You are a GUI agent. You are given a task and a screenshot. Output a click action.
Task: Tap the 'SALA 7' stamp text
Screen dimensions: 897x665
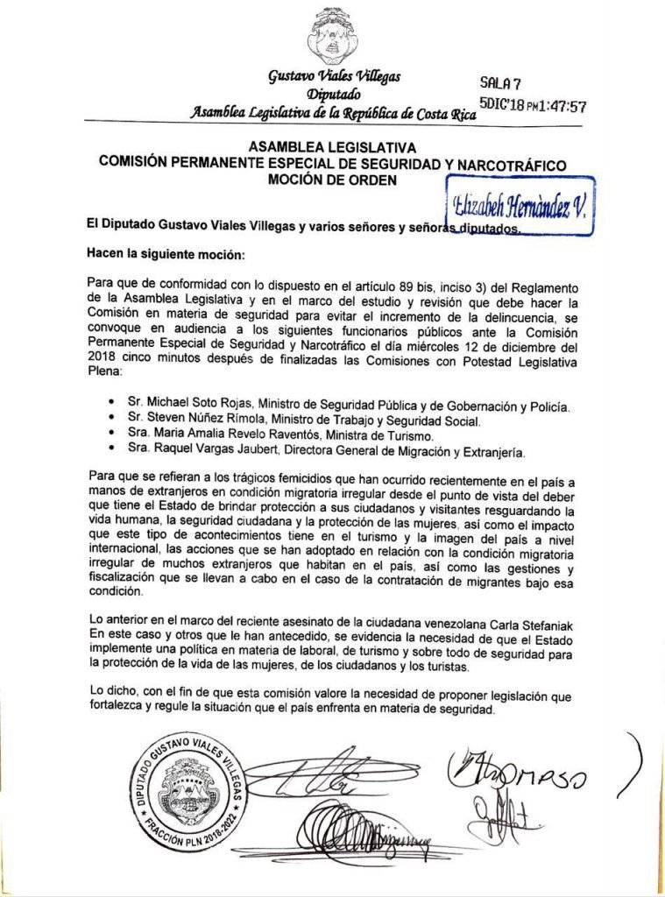pos(501,84)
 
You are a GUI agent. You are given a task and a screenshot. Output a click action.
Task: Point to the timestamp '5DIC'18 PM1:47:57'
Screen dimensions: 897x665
pos(533,106)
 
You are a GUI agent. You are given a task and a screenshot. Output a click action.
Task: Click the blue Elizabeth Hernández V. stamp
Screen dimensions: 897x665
pos(521,206)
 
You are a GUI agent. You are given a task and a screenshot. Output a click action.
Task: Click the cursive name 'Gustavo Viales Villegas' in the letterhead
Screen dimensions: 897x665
pos(335,77)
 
